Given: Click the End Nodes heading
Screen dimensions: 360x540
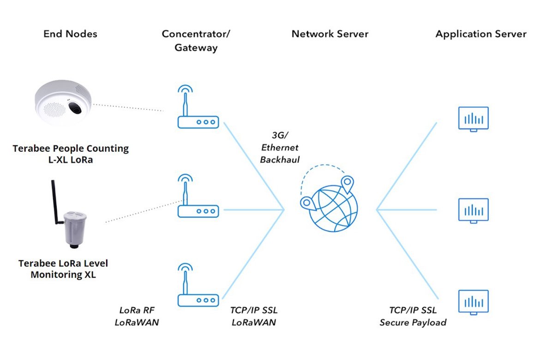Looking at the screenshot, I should tap(70, 34).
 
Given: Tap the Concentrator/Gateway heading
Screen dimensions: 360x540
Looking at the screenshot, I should tap(196, 41).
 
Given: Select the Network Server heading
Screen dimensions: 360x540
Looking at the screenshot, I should tap(330, 34).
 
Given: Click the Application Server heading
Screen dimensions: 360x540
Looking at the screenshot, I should tap(481, 34).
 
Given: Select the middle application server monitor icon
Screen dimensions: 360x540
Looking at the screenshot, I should tap(473, 210).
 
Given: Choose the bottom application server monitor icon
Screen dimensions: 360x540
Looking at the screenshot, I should tap(473, 302).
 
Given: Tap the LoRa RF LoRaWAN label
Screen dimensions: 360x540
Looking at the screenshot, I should tap(137, 316).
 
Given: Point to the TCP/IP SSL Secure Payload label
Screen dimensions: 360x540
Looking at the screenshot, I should tap(413, 316).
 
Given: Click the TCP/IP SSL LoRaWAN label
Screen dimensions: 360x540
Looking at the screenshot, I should tap(254, 316).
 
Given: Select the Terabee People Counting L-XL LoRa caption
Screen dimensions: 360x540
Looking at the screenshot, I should tap(71, 154).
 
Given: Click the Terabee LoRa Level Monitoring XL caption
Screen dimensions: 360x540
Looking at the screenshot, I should tap(63, 269).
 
